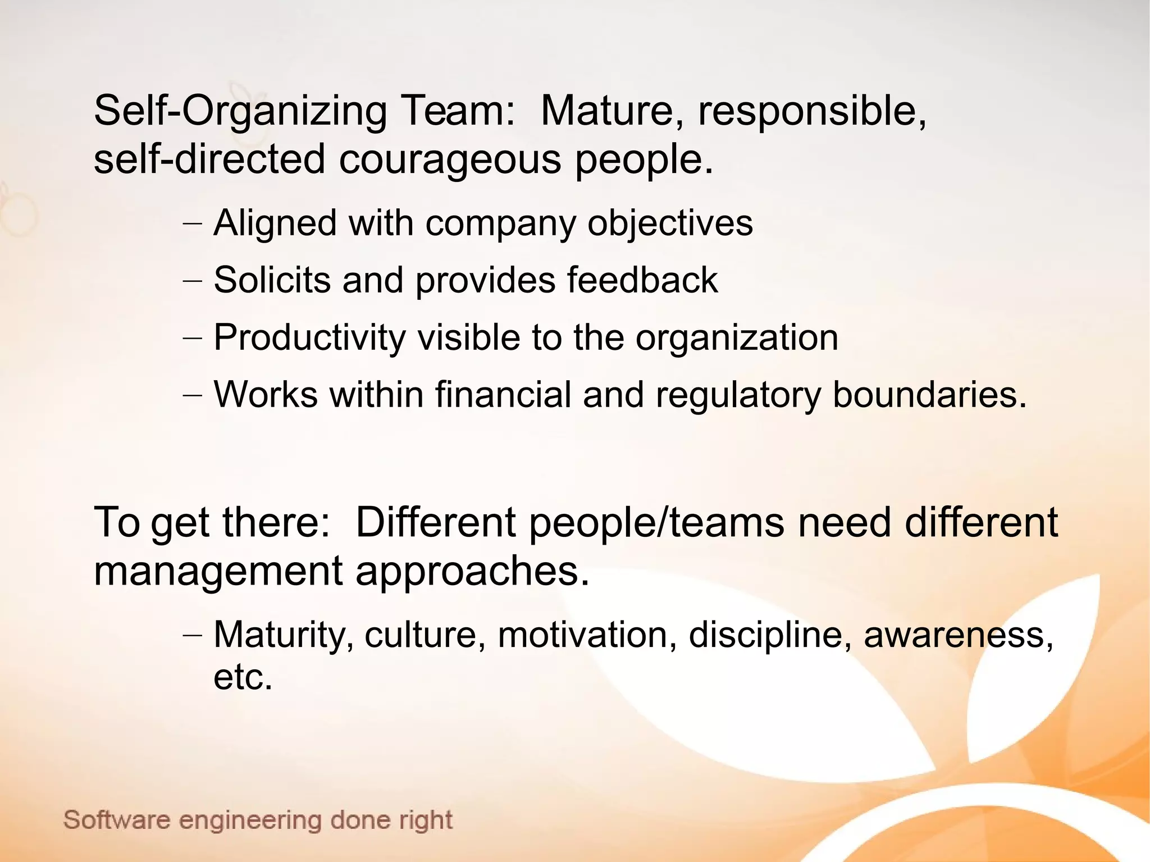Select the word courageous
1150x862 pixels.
point(449,159)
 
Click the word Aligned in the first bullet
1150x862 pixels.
point(275,224)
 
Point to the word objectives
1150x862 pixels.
point(670,224)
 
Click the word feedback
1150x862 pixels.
point(642,280)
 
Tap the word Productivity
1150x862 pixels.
point(309,338)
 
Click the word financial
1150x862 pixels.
point(503,395)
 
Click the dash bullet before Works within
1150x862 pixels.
point(192,395)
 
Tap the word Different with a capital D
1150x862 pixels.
point(435,523)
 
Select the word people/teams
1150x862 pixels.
point(656,523)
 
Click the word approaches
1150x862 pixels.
point(472,571)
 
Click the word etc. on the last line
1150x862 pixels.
point(243,677)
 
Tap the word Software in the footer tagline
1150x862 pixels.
point(116,820)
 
